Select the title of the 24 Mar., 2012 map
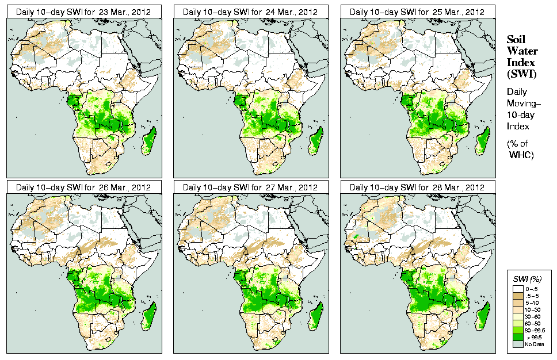tap(250, 12)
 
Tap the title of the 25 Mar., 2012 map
tap(417, 12)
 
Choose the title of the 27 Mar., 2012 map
tap(250, 187)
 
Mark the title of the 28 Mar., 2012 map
tap(417, 187)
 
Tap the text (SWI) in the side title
tap(521, 74)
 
